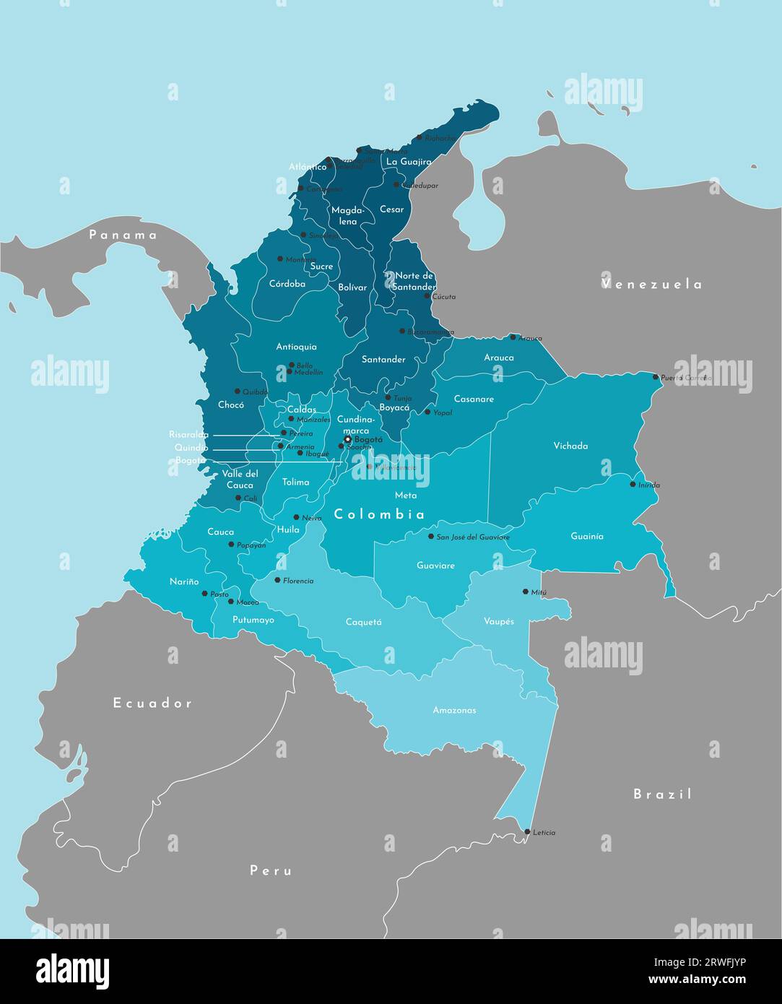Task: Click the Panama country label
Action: pyautogui.click(x=123, y=235)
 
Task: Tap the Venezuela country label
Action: pyautogui.click(x=651, y=284)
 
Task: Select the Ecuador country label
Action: pyautogui.click(x=152, y=703)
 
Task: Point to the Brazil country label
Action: pyautogui.click(x=663, y=794)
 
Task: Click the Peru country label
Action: pyautogui.click(x=271, y=870)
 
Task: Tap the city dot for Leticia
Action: pyautogui.click(x=527, y=832)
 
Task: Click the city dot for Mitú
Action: pyautogui.click(x=526, y=592)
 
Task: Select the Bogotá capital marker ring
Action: pyautogui.click(x=347, y=439)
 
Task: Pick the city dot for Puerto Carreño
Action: pyautogui.click(x=656, y=377)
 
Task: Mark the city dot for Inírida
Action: pyautogui.click(x=633, y=485)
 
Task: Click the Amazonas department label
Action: pyautogui.click(x=454, y=710)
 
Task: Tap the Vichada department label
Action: pyautogui.click(x=570, y=446)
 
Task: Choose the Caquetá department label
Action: pyautogui.click(x=363, y=622)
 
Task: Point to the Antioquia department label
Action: pyautogui.click(x=296, y=347)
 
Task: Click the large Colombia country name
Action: pyautogui.click(x=379, y=514)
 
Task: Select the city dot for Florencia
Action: pyautogui.click(x=277, y=580)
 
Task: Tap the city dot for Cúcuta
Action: pyautogui.click(x=427, y=296)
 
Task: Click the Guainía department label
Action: pyautogui.click(x=586, y=536)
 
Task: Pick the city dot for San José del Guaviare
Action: pyautogui.click(x=431, y=537)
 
